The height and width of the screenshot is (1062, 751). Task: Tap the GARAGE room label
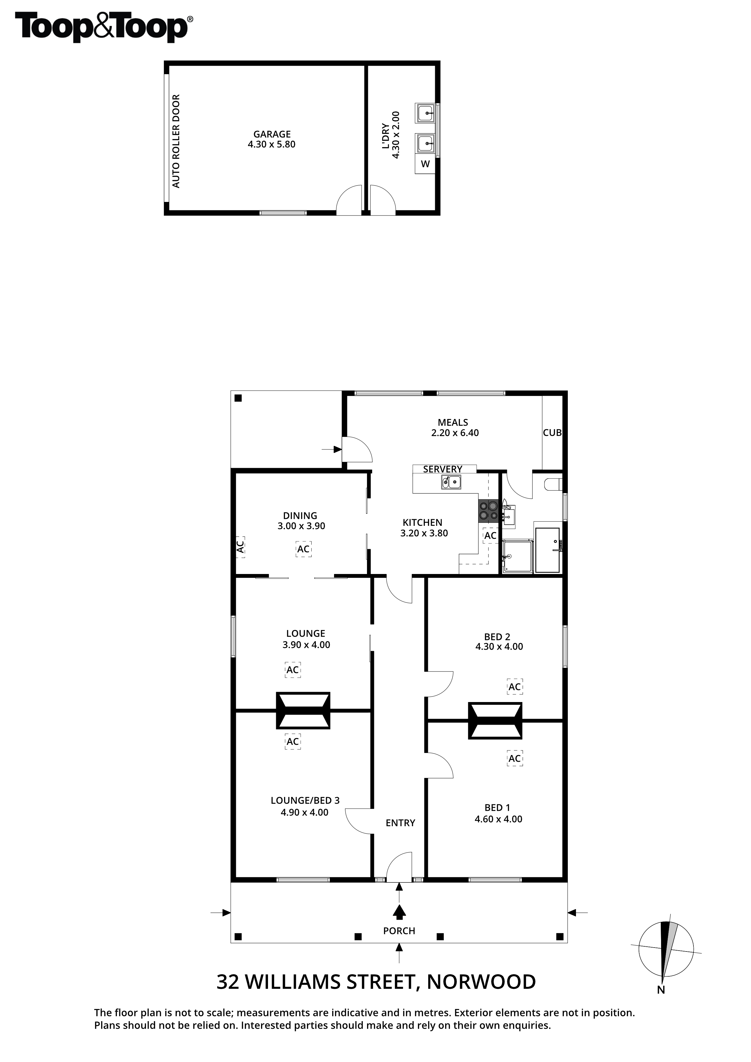(x=272, y=134)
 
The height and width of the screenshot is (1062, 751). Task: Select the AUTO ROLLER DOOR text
(x=176, y=141)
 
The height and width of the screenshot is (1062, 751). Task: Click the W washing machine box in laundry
(x=425, y=164)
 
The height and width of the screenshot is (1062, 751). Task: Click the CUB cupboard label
(x=552, y=433)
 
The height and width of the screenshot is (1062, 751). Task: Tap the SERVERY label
(x=442, y=469)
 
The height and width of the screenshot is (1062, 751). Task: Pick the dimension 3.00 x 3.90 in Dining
(x=301, y=526)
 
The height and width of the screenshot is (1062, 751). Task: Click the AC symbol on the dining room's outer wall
(x=240, y=547)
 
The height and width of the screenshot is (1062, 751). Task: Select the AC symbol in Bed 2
(x=514, y=687)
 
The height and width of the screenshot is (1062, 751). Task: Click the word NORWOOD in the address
(x=481, y=981)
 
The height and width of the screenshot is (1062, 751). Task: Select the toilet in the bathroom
(x=553, y=484)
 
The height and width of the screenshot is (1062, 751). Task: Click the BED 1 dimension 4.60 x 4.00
(x=498, y=819)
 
